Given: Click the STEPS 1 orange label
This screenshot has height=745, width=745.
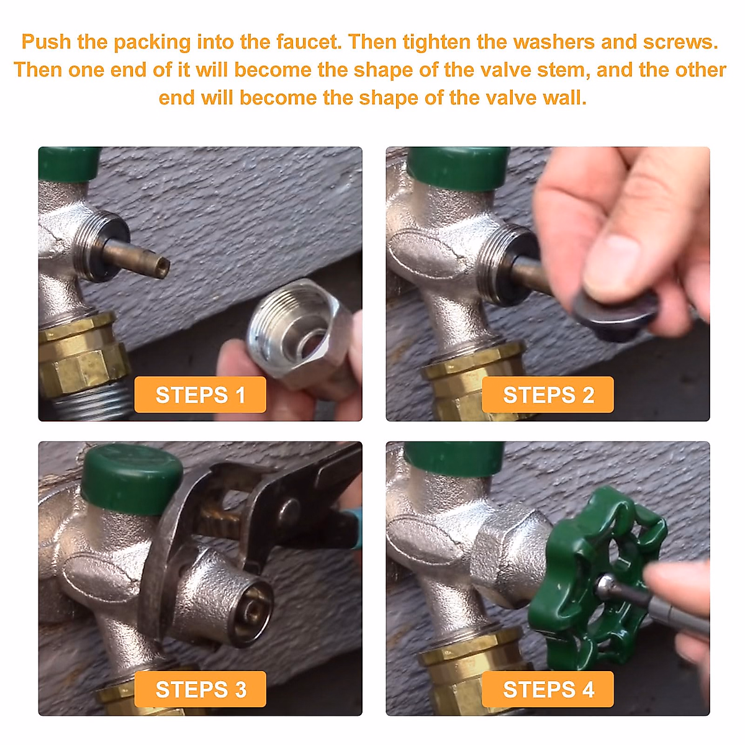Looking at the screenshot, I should pyautogui.click(x=200, y=395).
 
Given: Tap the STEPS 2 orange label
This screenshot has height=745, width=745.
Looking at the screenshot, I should pyautogui.click(x=548, y=395).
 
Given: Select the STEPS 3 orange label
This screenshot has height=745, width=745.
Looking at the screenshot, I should pyautogui.click(x=200, y=689).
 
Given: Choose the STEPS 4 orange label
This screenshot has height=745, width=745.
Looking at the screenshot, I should pyautogui.click(x=548, y=689).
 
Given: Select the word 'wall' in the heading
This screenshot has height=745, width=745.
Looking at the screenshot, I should pyautogui.click(x=564, y=97).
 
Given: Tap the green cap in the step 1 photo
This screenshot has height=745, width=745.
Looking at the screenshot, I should pyautogui.click(x=68, y=163).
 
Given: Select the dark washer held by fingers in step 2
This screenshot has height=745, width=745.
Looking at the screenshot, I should pyautogui.click(x=615, y=317).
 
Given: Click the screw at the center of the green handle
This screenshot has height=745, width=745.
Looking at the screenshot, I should pyautogui.click(x=606, y=584).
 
